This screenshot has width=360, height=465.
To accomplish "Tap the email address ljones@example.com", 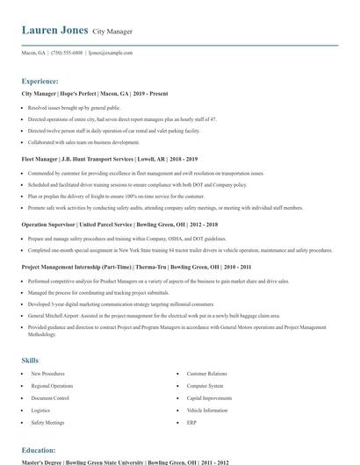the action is click(111, 53).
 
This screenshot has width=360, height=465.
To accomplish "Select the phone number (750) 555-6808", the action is click(68, 53).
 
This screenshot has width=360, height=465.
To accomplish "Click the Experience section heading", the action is click(40, 81).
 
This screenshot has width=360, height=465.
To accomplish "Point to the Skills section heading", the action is click(30, 360).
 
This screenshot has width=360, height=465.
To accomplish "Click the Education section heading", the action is click(39, 449).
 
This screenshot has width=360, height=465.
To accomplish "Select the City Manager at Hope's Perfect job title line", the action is click(95, 93).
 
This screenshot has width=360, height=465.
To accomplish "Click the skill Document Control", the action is click(50, 397).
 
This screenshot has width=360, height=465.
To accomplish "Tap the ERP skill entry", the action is click(191, 422).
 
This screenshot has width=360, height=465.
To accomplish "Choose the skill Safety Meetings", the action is click(47, 422).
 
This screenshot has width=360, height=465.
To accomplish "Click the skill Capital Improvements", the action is click(208, 397).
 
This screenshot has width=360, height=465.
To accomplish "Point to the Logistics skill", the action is click(40, 410).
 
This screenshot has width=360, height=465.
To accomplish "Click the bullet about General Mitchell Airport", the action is click(154, 314).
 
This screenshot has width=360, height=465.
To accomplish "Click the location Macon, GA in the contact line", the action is click(33, 53).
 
